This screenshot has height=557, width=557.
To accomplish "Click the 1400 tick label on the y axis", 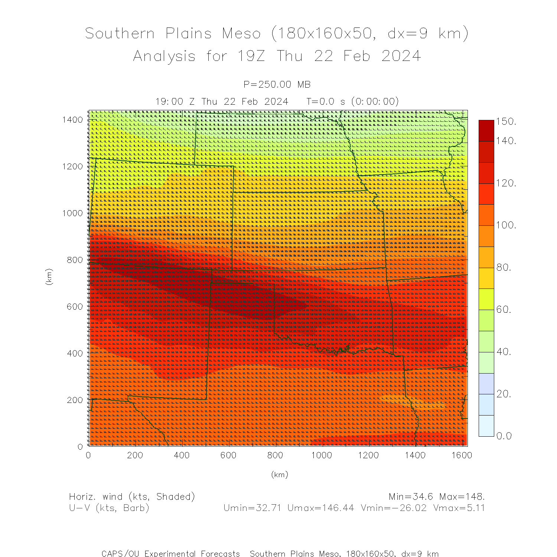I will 73,120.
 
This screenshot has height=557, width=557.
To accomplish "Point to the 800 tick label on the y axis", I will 75,260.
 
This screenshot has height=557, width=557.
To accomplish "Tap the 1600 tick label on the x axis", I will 462,455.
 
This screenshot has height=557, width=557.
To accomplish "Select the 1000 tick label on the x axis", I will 322,455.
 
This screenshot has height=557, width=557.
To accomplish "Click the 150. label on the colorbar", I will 506,122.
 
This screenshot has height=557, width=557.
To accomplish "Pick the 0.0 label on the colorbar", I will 504,436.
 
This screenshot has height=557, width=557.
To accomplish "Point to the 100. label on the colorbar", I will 506,225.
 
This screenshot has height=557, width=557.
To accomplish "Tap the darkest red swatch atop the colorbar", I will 486,130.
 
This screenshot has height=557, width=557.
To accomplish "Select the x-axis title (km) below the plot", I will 280,475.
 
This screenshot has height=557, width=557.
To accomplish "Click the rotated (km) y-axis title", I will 49,277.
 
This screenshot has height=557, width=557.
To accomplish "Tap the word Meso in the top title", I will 241,33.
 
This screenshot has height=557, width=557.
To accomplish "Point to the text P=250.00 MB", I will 277,85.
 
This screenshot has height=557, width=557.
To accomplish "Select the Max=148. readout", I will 462,497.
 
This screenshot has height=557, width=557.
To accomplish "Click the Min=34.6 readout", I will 411,497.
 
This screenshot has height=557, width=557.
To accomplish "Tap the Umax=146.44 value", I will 321,508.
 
